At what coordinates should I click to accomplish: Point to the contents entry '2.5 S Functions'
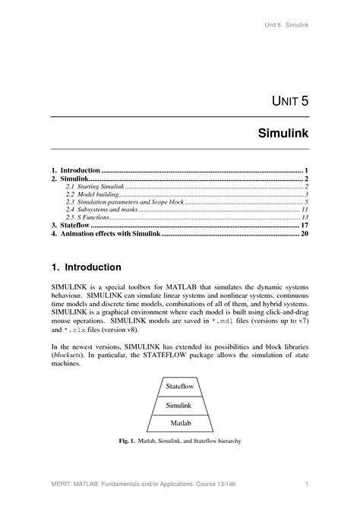87,217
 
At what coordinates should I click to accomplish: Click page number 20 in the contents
304,235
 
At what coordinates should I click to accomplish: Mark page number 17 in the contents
304,226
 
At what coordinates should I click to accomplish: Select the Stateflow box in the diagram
180,387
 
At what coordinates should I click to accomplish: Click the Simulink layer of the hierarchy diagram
179,405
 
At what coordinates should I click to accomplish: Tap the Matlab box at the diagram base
180,422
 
